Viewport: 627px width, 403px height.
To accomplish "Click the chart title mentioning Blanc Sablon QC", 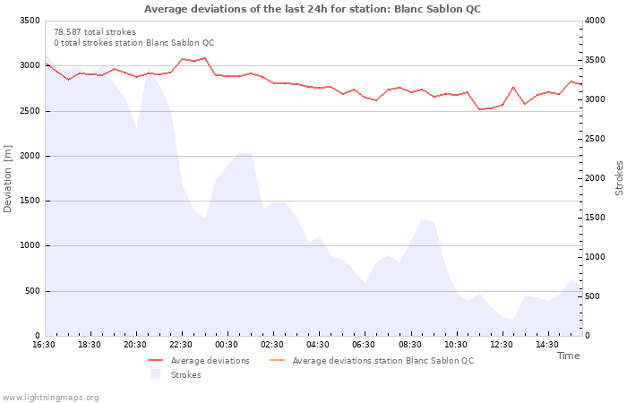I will (312, 9).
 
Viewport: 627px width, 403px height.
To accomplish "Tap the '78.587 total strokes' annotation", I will (95, 32).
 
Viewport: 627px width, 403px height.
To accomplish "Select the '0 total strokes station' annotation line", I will (133, 43).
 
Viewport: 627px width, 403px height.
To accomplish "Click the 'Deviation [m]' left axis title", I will (8, 177).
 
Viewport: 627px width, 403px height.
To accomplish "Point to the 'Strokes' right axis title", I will (619, 178).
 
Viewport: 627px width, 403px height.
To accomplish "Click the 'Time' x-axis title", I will (568, 356).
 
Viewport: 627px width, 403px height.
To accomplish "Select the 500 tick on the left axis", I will (31, 291).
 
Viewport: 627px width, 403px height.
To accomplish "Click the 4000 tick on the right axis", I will (597, 21).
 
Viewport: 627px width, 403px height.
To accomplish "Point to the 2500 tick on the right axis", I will (597, 139).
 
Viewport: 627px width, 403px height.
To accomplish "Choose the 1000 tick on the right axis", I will (597, 257).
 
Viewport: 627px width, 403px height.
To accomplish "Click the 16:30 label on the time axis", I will (44, 345).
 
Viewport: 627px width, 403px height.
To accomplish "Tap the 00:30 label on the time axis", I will (227, 345).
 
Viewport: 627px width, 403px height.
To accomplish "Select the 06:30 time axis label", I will (364, 345).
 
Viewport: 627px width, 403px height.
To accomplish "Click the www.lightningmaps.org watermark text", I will (50, 397).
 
